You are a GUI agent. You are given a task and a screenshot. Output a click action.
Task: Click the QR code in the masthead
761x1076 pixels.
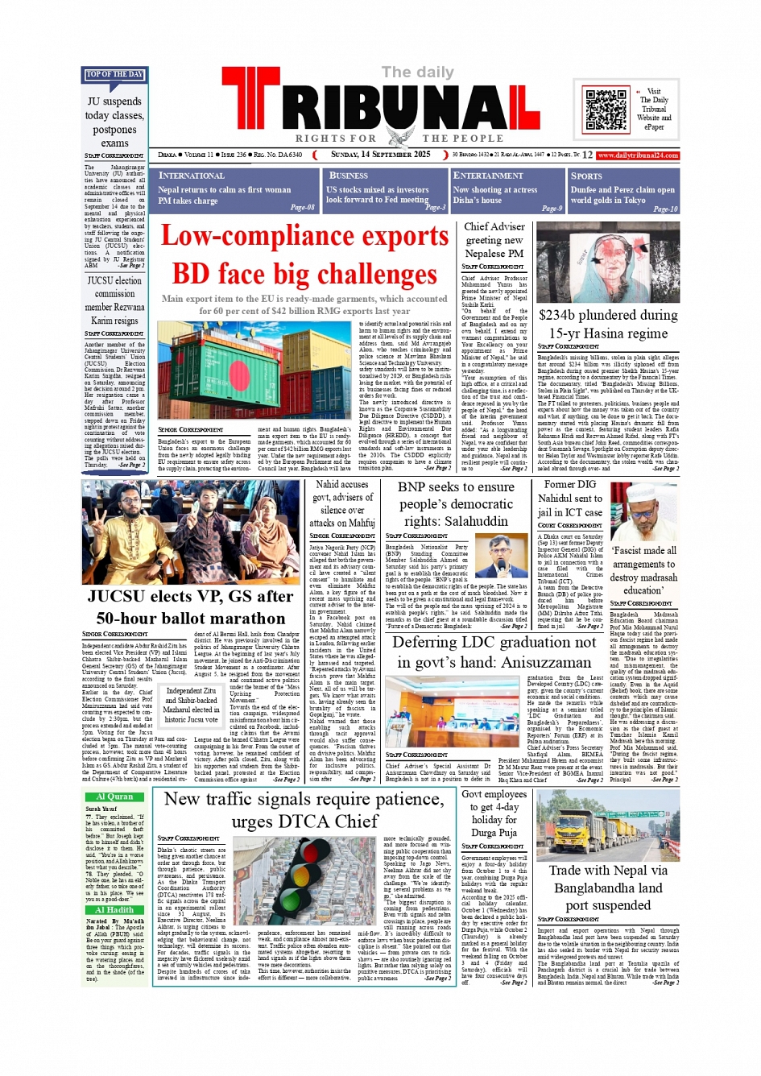pos(606,110)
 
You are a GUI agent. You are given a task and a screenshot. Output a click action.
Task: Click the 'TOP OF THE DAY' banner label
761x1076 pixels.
pos(114,75)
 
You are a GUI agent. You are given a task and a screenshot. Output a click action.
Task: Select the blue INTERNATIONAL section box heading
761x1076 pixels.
pos(192,176)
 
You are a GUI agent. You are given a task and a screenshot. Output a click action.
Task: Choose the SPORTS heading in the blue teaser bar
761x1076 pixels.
pos(586,176)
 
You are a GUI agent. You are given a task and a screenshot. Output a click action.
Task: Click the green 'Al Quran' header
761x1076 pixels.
pos(114,797)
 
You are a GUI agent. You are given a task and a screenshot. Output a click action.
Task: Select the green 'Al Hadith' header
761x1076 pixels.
pos(114,910)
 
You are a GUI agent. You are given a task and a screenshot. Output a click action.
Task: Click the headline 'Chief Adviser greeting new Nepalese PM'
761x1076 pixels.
pos(494,240)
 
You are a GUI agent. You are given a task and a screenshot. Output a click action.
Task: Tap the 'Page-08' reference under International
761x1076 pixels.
pos(302,208)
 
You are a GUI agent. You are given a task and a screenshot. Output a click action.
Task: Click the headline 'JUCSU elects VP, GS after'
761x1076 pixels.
pos(191,596)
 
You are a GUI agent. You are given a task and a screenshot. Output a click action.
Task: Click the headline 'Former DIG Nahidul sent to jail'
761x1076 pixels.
pos(570,498)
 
